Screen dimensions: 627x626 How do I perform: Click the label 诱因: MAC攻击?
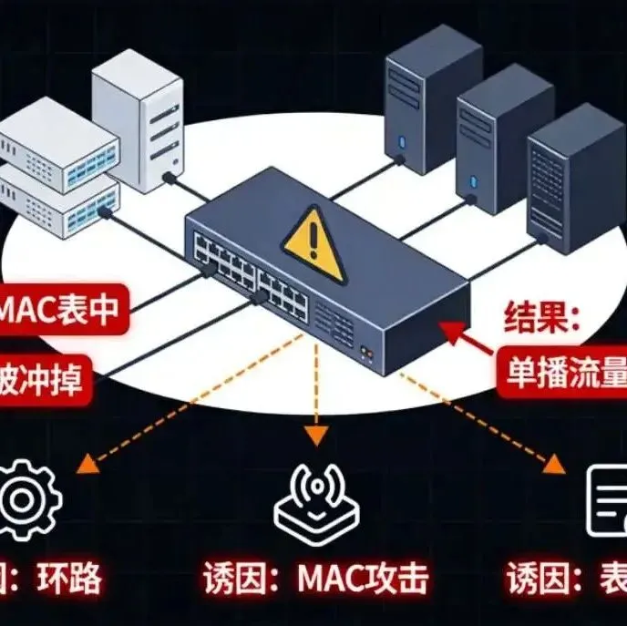313,579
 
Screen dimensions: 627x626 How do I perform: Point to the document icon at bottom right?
605,502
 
